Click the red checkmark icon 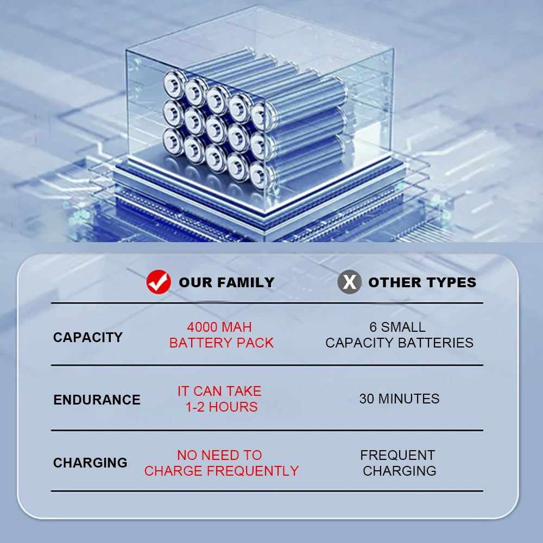coord(159,282)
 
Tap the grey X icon coord(350,282)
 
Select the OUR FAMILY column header coord(226,282)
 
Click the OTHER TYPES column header coord(422,282)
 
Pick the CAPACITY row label coord(88,337)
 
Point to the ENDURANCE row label coord(97,400)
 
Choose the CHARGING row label coord(90,463)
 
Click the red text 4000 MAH coord(219,327)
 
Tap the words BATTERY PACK coord(222,343)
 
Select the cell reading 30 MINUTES coord(399,399)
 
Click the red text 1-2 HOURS coord(222,407)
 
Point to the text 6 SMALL coord(397,327)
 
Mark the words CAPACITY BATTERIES coord(399,343)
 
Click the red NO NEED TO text coord(219,455)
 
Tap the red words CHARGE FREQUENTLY coord(222,471)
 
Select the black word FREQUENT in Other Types coord(397,455)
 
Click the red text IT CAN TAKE coord(219,391)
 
